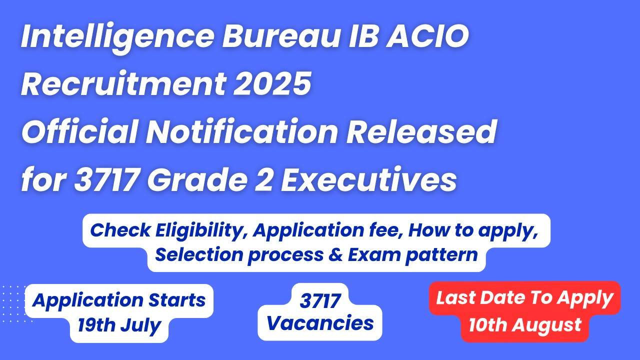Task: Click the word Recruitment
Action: pos(123,83)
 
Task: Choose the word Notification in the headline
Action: pos(241,131)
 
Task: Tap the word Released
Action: pos(421,131)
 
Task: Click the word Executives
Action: pos(368,180)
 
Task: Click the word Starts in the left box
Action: pos(177,300)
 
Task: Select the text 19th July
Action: pos(119,325)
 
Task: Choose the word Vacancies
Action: pos(320,323)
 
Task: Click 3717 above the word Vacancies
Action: pos(320,301)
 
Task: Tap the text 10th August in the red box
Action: pos(525,325)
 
